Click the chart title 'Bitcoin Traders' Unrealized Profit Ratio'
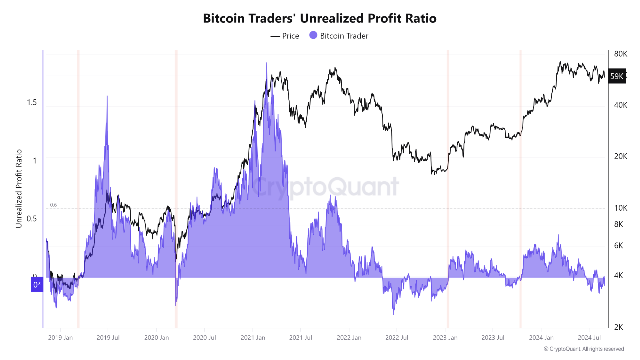point(320,18)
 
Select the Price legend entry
point(285,36)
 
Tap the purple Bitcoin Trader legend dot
point(313,35)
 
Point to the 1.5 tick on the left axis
point(32,103)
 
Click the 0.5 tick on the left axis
point(32,219)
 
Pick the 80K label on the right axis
point(621,54)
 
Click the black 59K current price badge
point(617,76)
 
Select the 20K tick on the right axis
point(621,156)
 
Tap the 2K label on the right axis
point(619,327)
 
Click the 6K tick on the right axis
point(619,245)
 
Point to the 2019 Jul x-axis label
point(108,338)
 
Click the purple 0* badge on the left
point(37,285)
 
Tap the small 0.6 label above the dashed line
point(54,205)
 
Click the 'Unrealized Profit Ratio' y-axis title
point(19,189)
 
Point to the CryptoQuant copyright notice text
point(583,349)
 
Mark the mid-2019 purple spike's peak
point(107,96)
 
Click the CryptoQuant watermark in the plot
point(325,187)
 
